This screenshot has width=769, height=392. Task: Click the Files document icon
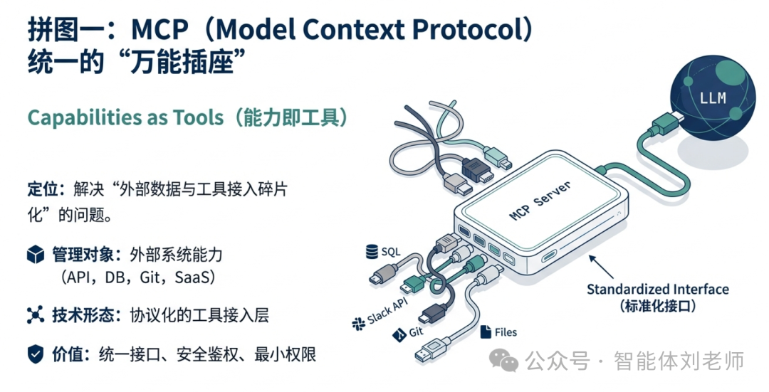tap(487, 332)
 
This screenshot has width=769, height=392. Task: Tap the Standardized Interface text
tap(657, 290)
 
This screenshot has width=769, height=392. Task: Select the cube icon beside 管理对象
tap(36, 255)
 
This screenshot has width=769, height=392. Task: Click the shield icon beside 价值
tap(36, 353)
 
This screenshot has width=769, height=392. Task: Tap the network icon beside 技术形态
tap(36, 315)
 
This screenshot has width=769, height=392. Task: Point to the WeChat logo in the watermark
tap(508, 362)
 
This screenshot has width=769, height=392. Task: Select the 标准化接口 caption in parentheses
tap(656, 307)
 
